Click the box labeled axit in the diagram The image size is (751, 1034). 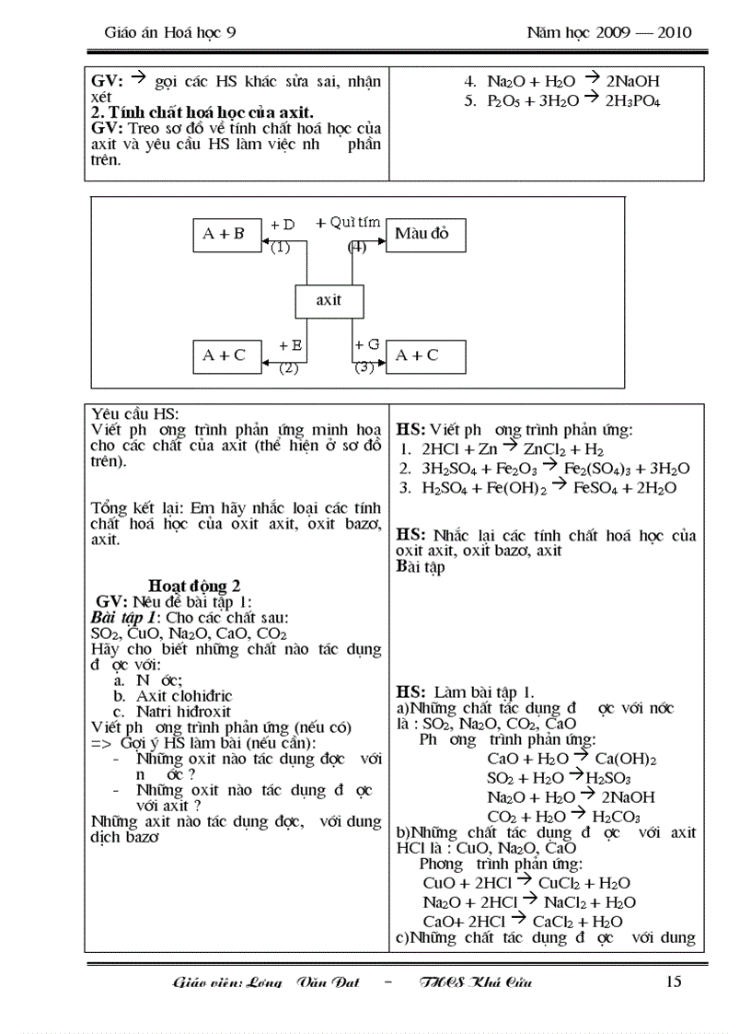coord(329,301)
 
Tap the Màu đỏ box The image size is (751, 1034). coord(425,235)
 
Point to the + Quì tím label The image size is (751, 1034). coord(348,222)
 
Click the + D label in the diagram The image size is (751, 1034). coord(283,225)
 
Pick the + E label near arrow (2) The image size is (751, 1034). coord(290,345)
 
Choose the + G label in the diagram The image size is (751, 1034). coord(367,344)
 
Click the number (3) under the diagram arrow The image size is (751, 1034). coord(365,367)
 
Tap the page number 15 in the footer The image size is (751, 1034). coord(673,982)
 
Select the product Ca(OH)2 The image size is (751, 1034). coord(625,759)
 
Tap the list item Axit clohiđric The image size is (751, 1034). coord(184,696)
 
